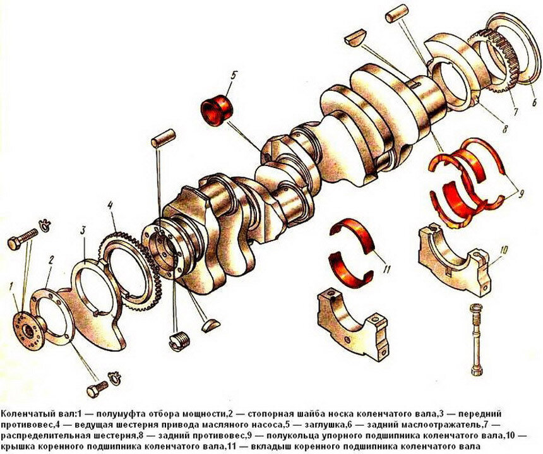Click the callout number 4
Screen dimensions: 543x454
(x=110, y=206)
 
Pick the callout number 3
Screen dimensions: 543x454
(x=83, y=230)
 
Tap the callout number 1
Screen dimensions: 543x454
(x=11, y=287)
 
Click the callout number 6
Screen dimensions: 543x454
(x=535, y=102)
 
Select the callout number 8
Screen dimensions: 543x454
(x=505, y=129)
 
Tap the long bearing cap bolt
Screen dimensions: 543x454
(x=475, y=338)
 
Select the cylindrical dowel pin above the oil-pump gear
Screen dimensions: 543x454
(x=164, y=138)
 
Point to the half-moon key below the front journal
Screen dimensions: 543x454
(x=210, y=325)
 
